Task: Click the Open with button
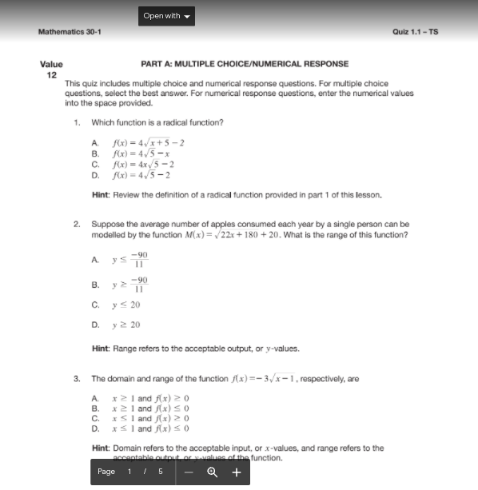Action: (x=166, y=16)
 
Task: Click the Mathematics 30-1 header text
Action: (x=70, y=32)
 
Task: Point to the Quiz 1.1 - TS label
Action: (x=415, y=32)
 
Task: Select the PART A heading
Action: (x=244, y=64)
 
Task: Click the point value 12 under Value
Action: (x=51, y=74)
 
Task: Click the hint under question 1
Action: (x=237, y=195)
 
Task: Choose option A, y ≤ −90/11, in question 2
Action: (x=130, y=260)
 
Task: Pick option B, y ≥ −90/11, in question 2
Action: (x=130, y=284)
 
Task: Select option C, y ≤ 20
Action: (x=126, y=305)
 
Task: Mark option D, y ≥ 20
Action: (x=126, y=325)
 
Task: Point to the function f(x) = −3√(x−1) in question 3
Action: (x=273, y=379)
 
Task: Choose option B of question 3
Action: (x=150, y=408)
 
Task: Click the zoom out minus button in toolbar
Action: (x=189, y=472)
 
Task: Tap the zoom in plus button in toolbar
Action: (x=236, y=472)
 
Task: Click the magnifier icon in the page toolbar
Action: (x=213, y=472)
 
